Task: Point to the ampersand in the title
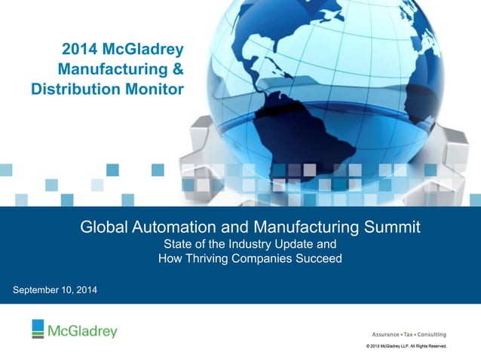tap(176, 71)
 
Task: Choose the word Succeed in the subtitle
tap(320, 258)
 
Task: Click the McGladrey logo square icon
tap(38, 329)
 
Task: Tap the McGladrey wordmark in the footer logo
tap(83, 331)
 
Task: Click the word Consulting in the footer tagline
tap(432, 334)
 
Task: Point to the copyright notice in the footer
tap(406, 346)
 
